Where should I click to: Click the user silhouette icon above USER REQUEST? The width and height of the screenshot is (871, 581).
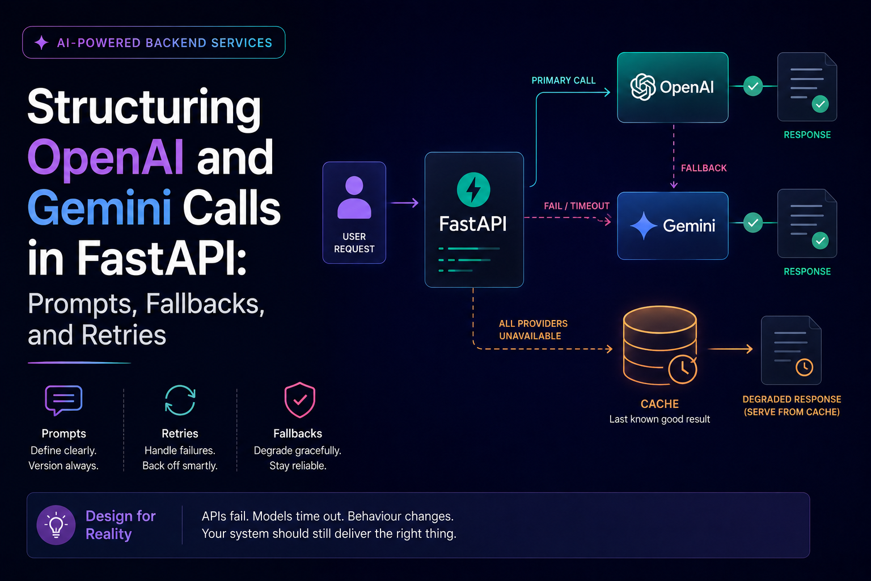(354, 197)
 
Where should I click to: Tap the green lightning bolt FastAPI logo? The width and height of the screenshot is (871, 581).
(473, 190)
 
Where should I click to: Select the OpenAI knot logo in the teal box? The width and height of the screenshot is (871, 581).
(642, 87)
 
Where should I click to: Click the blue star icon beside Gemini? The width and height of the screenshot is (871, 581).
(644, 226)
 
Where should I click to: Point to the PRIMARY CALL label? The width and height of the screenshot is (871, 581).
(564, 81)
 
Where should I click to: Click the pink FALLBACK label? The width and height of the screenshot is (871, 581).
(704, 168)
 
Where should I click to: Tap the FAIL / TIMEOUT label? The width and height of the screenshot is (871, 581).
(577, 206)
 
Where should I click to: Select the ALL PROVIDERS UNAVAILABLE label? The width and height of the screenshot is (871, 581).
(533, 330)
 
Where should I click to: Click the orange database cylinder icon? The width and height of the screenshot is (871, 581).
(660, 345)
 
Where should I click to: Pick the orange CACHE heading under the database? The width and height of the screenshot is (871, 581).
(659, 404)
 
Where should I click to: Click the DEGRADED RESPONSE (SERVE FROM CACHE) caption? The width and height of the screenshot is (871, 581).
(792, 406)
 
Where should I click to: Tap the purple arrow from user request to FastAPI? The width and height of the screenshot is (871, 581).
(404, 203)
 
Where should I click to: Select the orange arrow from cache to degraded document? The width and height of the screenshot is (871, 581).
(730, 349)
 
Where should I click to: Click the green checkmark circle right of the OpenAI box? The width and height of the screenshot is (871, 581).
(753, 86)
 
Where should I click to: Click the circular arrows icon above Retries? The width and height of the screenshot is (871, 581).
(180, 400)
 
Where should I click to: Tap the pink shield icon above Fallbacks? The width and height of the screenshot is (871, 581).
(300, 400)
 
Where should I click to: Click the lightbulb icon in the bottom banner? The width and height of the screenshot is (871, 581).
(56, 525)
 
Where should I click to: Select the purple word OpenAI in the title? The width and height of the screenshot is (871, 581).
(105, 158)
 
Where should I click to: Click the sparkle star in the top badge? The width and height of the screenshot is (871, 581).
(41, 43)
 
